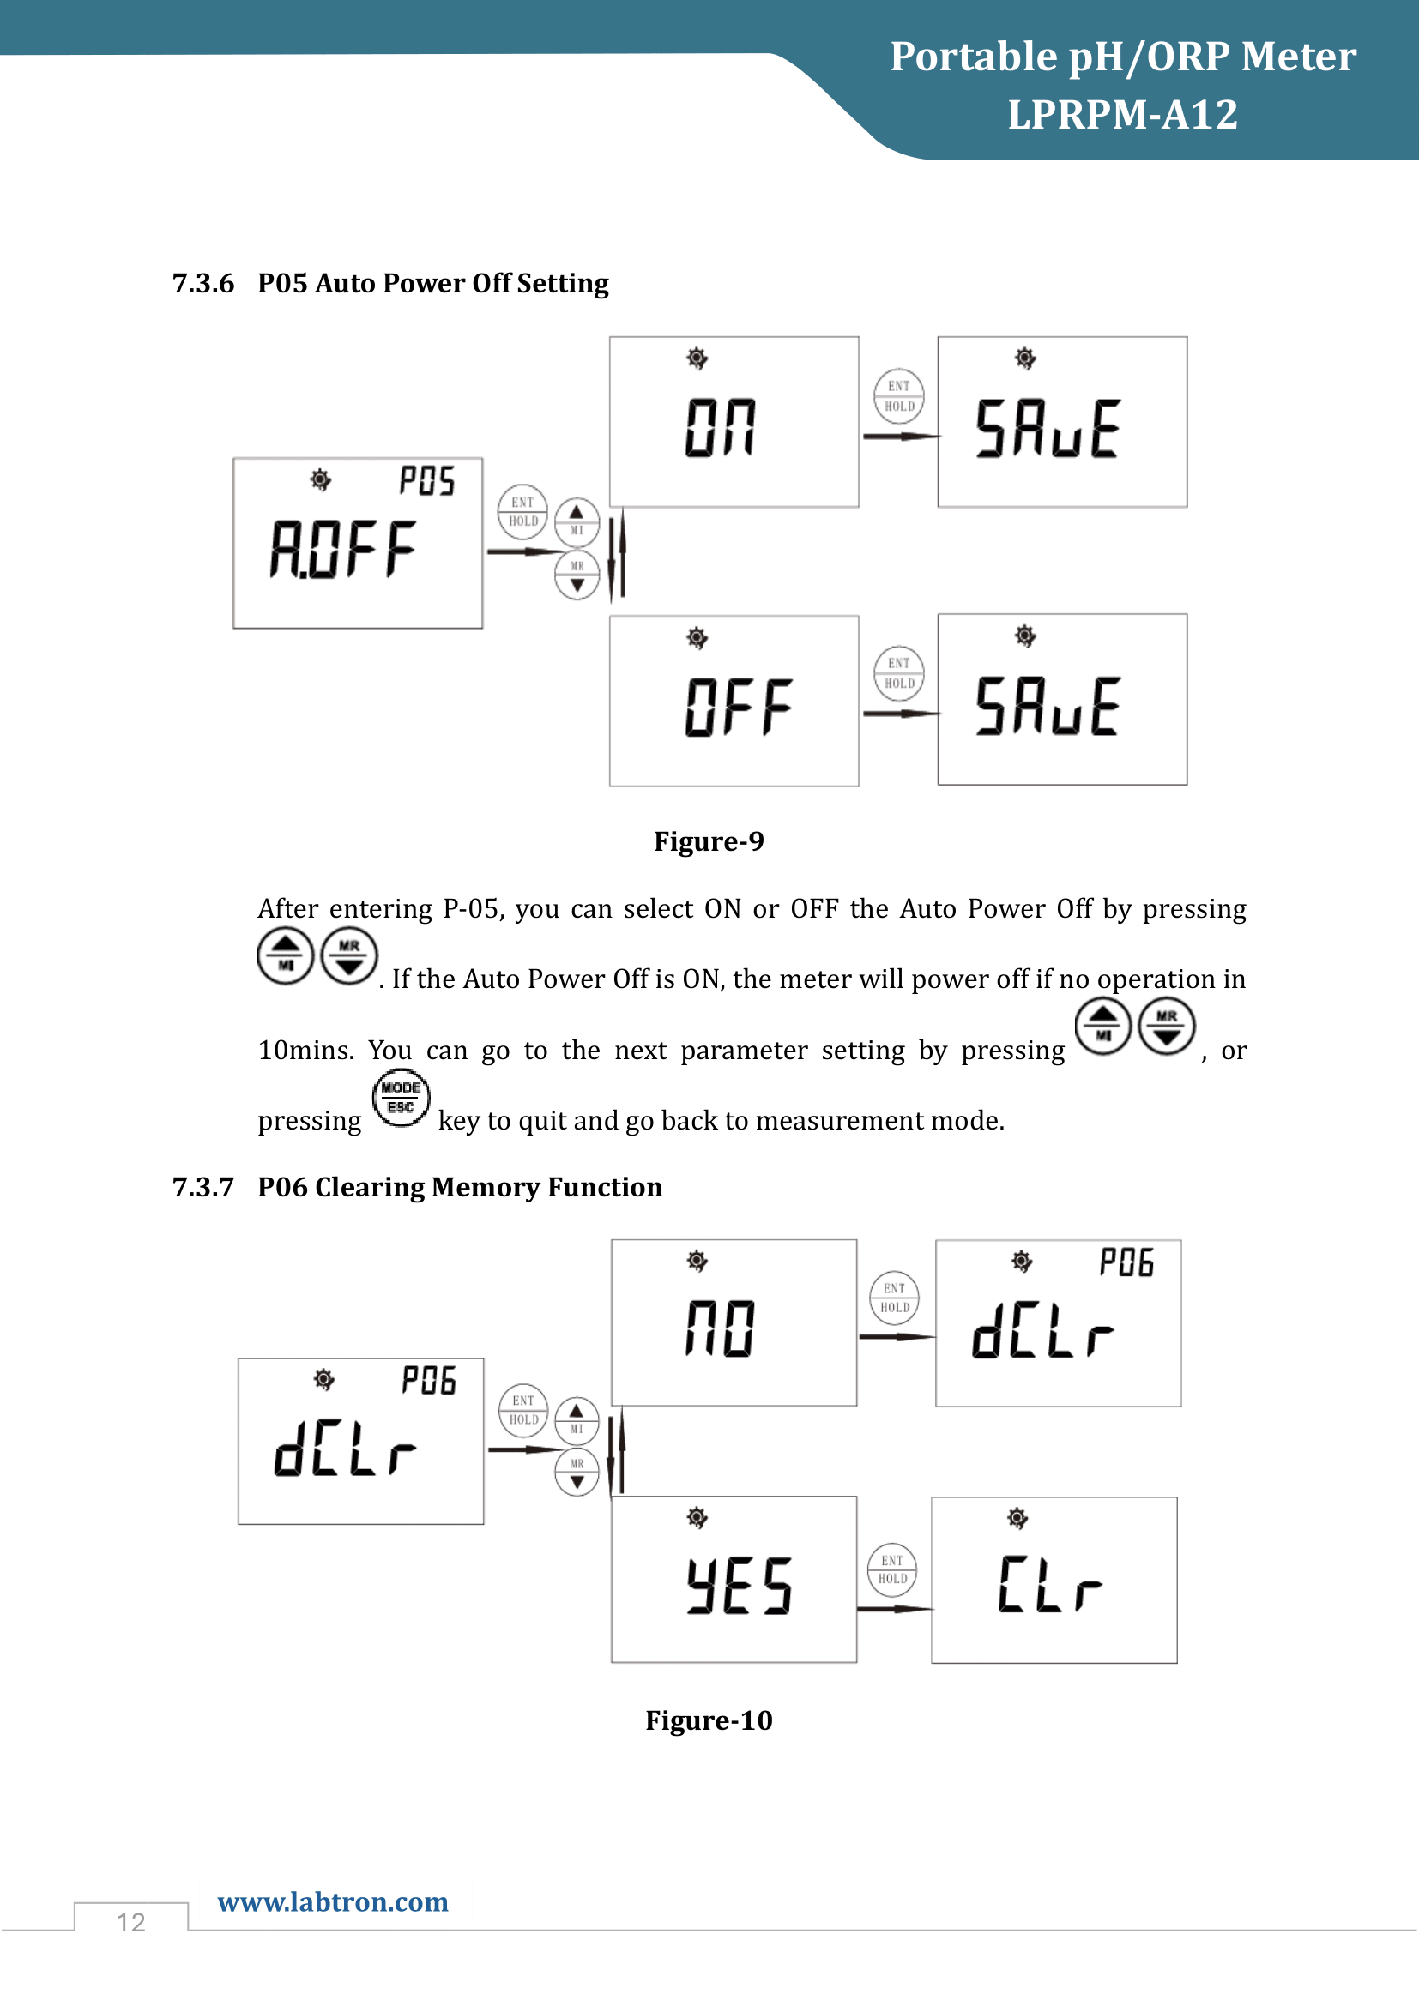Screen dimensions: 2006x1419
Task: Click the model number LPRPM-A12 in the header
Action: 1122,114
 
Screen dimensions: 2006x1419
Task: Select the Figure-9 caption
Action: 709,841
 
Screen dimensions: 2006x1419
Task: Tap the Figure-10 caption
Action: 709,1720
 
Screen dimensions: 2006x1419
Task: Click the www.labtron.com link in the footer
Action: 333,1901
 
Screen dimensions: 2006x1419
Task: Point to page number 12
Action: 131,1922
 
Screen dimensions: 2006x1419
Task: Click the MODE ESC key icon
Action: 401,1099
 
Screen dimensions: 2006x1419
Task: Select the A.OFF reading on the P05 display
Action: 342,550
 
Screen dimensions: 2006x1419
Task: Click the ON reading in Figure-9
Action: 720,428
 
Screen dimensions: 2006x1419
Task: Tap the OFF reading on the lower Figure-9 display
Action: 739,707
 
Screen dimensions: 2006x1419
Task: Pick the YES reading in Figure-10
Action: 740,1585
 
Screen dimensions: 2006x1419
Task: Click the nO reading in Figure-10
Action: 720,1328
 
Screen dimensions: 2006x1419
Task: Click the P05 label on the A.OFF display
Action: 426,480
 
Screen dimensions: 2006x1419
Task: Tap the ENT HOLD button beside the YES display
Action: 892,1569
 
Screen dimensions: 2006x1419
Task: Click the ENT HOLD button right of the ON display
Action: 899,395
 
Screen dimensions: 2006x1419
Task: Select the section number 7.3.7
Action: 202,1187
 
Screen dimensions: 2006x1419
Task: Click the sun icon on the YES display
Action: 697,1517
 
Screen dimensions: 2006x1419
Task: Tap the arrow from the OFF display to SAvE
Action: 900,714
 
